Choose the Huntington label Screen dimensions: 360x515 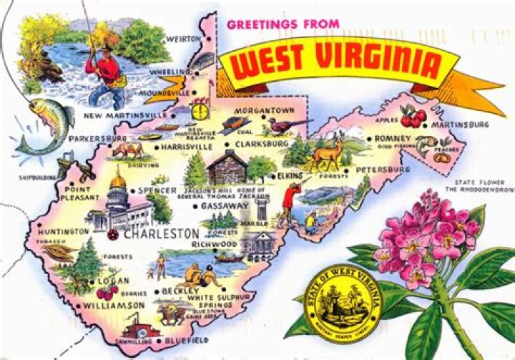64,231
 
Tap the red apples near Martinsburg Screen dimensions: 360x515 413,115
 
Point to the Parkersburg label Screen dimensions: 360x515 98,137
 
